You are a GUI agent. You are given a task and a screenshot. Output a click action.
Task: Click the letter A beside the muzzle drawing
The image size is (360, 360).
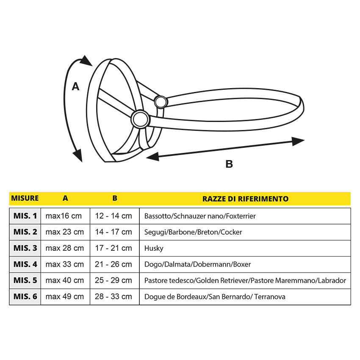pyautogui.click(x=75, y=86)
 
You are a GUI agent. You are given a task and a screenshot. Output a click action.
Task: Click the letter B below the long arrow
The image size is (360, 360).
pyautogui.click(x=229, y=164)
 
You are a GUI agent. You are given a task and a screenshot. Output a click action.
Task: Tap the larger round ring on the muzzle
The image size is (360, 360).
pyautogui.click(x=139, y=119)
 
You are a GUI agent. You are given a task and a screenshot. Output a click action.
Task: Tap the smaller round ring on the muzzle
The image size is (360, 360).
pyautogui.click(x=161, y=102)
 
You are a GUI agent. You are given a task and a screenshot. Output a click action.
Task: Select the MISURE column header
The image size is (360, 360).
pyautogui.click(x=25, y=198)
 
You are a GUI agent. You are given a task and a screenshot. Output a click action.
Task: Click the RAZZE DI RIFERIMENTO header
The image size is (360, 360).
pyautogui.click(x=245, y=199)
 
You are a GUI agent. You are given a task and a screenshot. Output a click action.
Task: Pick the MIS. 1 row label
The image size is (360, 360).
pyautogui.click(x=25, y=216)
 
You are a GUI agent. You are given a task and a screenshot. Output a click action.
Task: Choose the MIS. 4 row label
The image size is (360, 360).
pyautogui.click(x=25, y=264)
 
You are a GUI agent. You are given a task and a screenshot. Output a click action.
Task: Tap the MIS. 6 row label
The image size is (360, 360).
pyautogui.click(x=25, y=296)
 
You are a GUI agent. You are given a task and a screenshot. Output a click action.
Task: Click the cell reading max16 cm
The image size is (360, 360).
pyautogui.click(x=64, y=216)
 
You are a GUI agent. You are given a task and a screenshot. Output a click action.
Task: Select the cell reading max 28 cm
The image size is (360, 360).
pyautogui.click(x=65, y=248)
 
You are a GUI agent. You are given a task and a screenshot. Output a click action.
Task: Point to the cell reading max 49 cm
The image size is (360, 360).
pyautogui.click(x=65, y=296)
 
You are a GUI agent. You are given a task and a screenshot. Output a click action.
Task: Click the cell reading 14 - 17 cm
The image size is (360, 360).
pyautogui.click(x=114, y=232)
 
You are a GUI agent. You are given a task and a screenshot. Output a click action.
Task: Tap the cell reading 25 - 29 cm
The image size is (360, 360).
pyautogui.click(x=114, y=280)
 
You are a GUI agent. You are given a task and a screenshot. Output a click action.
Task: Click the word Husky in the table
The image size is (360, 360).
pyautogui.click(x=154, y=249)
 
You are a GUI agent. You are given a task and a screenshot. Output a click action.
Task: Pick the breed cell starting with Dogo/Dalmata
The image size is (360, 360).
pyautogui.click(x=197, y=264)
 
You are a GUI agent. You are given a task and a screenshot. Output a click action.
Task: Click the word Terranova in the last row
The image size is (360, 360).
pyautogui.click(x=270, y=296)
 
